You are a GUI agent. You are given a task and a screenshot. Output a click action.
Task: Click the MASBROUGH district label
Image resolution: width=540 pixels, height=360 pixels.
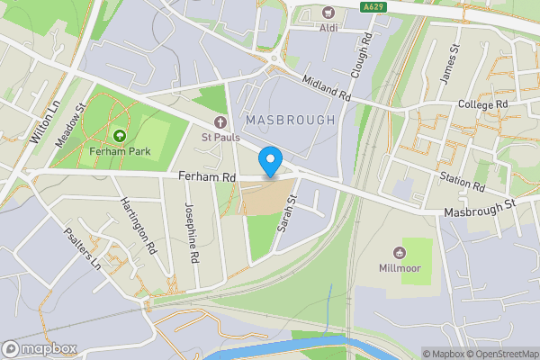pos(289,120)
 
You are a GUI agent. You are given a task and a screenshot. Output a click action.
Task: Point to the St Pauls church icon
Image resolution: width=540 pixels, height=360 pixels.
pos(219,122)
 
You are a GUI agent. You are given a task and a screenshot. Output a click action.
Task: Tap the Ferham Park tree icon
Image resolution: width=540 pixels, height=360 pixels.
pos(119,136)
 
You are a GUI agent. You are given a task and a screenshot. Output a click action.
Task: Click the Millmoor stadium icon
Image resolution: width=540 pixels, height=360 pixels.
pos(400,253)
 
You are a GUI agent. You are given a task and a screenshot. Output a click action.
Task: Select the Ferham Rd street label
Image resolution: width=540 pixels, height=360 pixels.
pos(206,178)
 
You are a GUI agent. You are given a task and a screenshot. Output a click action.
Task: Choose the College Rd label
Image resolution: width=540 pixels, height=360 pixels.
pos(483,104)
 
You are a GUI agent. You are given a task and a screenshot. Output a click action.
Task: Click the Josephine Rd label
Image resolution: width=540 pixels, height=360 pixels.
pos(192,231)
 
